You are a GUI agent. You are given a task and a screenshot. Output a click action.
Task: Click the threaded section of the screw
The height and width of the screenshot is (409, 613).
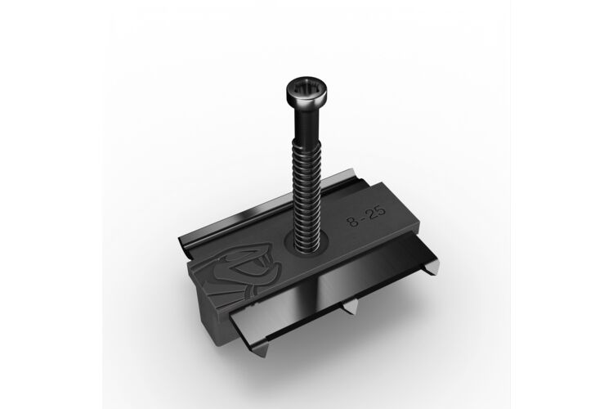click(x=307, y=195)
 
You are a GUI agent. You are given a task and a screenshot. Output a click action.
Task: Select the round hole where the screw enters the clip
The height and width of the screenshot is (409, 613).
click(x=306, y=245)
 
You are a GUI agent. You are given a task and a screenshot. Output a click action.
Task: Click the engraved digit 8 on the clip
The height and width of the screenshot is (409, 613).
click(x=352, y=221)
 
